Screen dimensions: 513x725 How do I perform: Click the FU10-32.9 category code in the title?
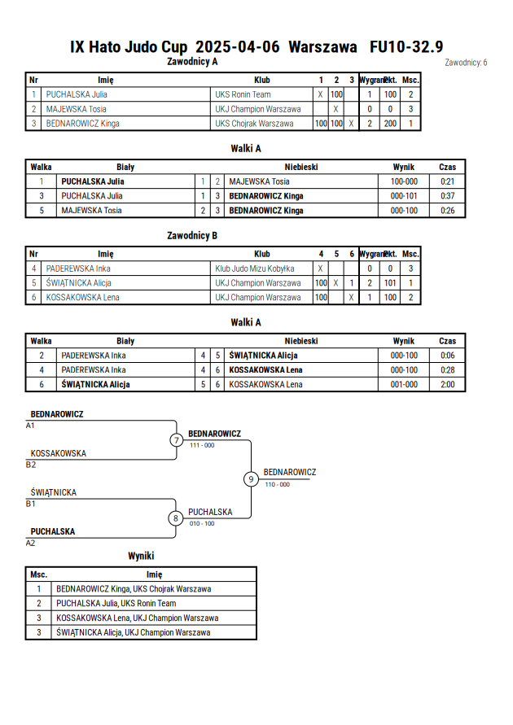(x=406, y=46)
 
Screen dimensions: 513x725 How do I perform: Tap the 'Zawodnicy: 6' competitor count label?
(x=466, y=63)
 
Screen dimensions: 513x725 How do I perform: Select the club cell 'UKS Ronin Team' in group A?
(x=243, y=94)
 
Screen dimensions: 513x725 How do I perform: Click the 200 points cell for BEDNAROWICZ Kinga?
(x=390, y=124)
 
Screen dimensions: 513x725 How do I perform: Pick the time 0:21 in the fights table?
(x=447, y=181)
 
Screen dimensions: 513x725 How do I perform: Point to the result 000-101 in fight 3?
(x=404, y=195)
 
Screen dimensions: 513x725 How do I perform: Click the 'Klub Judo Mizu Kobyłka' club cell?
(x=254, y=269)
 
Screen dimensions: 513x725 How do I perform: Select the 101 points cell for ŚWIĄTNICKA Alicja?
(x=390, y=283)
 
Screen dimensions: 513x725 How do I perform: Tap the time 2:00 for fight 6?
(x=447, y=384)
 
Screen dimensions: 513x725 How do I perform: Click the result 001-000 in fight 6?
(x=404, y=384)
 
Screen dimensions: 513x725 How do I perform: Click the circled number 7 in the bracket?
(x=176, y=439)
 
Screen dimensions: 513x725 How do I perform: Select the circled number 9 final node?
(x=251, y=479)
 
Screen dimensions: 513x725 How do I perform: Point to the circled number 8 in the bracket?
(x=175, y=518)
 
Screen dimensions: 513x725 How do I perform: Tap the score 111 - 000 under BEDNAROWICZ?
(x=202, y=445)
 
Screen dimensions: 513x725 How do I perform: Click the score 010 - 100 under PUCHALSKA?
(x=202, y=523)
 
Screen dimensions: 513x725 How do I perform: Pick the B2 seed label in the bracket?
(x=30, y=465)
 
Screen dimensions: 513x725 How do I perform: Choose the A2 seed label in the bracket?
(x=30, y=543)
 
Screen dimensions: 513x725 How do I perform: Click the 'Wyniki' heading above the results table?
(x=141, y=556)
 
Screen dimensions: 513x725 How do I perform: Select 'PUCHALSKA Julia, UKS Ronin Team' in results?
(x=116, y=604)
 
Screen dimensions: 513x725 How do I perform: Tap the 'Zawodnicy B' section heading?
(x=192, y=235)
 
